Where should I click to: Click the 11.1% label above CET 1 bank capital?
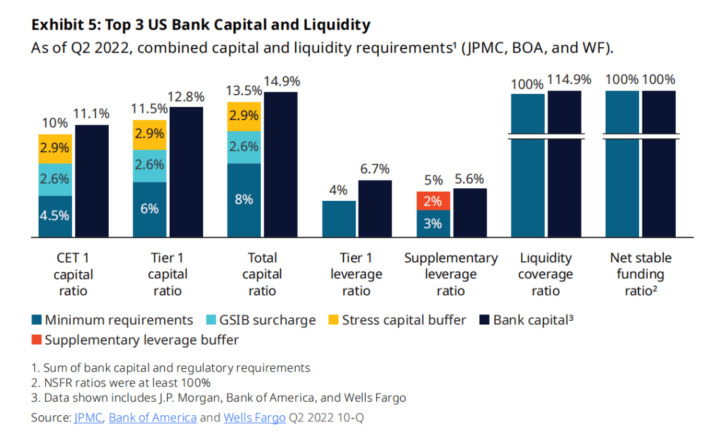tap(92, 114)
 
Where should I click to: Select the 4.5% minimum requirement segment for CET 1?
tap(55, 215)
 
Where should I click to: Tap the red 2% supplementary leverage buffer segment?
tap(433, 201)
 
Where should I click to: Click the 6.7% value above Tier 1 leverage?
tap(375, 169)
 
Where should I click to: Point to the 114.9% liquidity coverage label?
tap(570, 80)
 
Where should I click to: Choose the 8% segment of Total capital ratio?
tap(244, 199)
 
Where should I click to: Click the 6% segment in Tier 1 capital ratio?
tap(149, 209)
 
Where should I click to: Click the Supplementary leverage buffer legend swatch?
tap(37, 340)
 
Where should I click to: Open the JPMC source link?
tap(88, 417)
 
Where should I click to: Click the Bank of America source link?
tap(153, 417)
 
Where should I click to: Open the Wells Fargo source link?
tap(254, 417)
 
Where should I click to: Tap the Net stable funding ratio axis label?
tap(640, 274)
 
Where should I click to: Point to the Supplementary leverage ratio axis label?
tap(451, 274)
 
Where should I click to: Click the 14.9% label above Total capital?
tap(282, 82)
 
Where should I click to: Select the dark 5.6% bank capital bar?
tap(470, 213)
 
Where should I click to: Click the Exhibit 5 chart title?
tap(201, 26)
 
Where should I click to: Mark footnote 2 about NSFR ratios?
tap(121, 383)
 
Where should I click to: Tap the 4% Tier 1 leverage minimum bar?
tap(339, 219)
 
